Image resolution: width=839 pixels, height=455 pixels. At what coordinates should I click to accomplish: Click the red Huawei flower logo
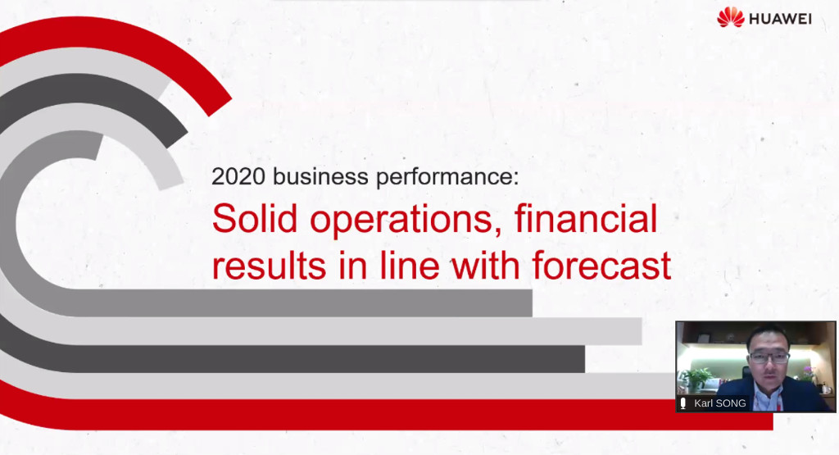(x=730, y=17)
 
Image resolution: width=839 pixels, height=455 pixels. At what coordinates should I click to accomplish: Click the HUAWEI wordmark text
(x=780, y=20)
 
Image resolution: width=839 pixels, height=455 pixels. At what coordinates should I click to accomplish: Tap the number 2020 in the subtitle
(x=238, y=176)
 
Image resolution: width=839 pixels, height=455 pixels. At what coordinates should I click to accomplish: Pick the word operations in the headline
(x=406, y=220)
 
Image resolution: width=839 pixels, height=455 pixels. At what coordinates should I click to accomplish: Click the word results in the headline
(x=269, y=266)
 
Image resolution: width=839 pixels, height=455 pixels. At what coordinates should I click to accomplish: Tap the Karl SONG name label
(x=719, y=403)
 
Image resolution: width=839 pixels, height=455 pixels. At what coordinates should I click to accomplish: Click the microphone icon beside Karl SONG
(x=683, y=403)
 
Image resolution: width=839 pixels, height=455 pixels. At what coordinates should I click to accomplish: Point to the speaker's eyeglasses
(x=769, y=357)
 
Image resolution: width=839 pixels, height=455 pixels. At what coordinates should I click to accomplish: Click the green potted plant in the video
(x=696, y=377)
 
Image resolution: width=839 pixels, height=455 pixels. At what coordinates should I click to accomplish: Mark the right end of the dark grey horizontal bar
(x=584, y=358)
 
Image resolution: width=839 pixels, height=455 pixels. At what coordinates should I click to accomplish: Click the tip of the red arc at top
(x=220, y=107)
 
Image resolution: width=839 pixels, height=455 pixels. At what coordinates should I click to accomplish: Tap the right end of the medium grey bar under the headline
(x=532, y=303)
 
